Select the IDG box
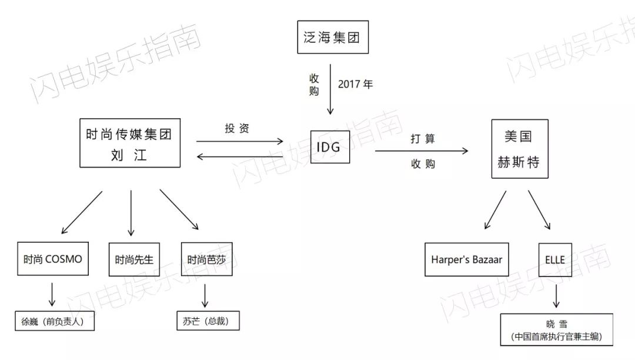(x=329, y=146)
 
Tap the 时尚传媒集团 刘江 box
(x=130, y=142)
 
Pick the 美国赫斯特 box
(x=519, y=149)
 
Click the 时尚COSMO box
(x=53, y=259)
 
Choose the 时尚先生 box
(x=134, y=259)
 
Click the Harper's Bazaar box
(x=467, y=259)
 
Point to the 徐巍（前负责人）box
(x=55, y=322)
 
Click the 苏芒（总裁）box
(x=208, y=321)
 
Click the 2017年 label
(x=355, y=84)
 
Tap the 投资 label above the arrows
(x=237, y=128)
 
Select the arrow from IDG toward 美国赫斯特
(x=422, y=151)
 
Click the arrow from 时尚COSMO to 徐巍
(x=52, y=294)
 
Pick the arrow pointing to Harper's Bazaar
(x=496, y=209)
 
